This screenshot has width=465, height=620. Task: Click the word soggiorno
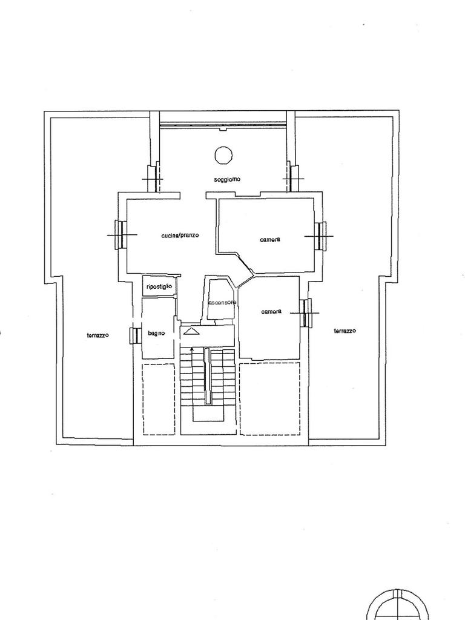[228, 179]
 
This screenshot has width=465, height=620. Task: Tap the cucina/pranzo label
[180, 236]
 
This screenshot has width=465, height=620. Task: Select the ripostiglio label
[159, 286]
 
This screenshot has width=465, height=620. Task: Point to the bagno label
[157, 334]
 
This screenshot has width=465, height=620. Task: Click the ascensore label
[222, 303]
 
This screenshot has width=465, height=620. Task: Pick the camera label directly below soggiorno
[270, 240]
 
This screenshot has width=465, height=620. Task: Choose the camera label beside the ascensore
[271, 312]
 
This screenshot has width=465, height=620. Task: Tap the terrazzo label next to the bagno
[97, 335]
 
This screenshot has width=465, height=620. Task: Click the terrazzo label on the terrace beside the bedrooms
[345, 331]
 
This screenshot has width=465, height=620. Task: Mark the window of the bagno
[134, 336]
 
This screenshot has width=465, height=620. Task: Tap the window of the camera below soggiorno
[321, 236]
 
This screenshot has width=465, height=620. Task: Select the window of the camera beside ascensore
[306, 313]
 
